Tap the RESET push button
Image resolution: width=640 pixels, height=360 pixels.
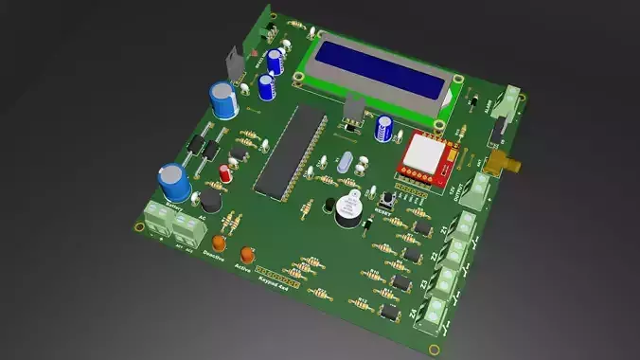pos(388,200)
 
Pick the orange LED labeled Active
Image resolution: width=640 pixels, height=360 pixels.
pos(249,255)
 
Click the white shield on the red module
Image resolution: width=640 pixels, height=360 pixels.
pos(419,155)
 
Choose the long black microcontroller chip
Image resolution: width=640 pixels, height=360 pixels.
pos(289,153)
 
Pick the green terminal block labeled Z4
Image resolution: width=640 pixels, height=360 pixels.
pos(436,314)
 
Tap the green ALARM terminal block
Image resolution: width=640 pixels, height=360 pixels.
pos(512,103)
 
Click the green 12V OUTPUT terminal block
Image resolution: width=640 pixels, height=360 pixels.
pos(480,189)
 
